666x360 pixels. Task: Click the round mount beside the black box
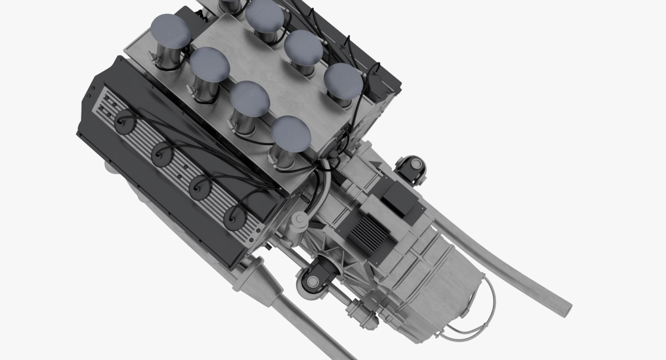tap(412, 166)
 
